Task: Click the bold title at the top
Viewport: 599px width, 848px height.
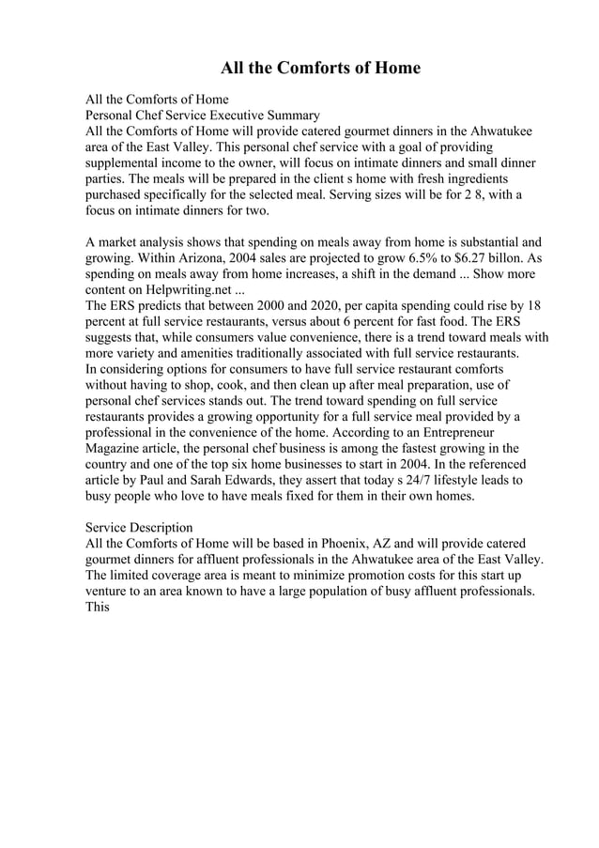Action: [320, 69]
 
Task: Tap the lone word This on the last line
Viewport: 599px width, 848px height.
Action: [98, 608]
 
